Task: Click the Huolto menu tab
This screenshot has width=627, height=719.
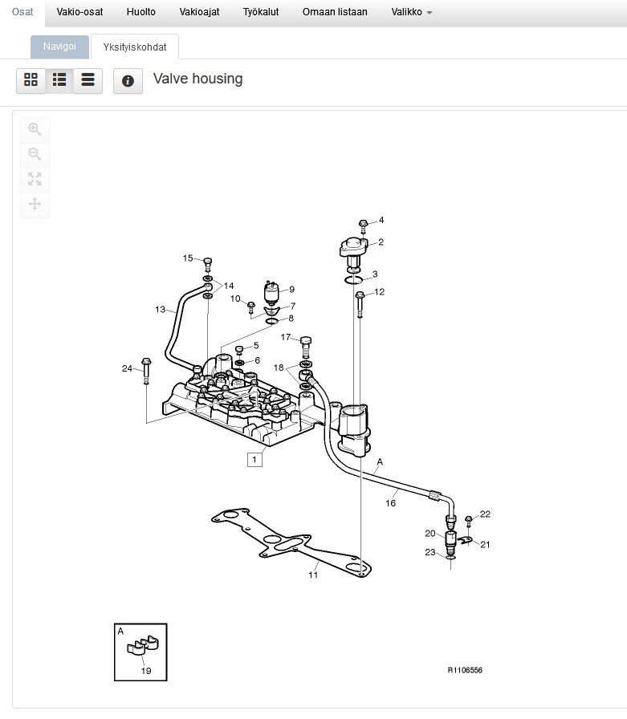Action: (x=141, y=12)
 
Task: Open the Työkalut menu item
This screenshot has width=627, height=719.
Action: (x=261, y=12)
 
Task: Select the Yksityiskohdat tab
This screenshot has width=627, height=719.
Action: (x=135, y=47)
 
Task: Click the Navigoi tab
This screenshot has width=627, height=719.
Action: (x=59, y=47)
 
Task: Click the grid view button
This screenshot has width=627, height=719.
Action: (x=31, y=80)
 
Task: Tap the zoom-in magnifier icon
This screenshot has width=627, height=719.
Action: (x=35, y=129)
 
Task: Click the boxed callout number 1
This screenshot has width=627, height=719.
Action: (x=254, y=460)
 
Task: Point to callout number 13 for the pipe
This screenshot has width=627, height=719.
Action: (x=161, y=309)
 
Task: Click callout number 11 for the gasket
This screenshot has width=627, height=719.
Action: (x=313, y=575)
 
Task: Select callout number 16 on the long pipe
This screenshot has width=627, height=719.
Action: (x=391, y=503)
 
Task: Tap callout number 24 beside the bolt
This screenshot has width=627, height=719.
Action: (x=127, y=368)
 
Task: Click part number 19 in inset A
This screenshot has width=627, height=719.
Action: (x=146, y=671)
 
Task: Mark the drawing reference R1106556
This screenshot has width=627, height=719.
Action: (x=465, y=670)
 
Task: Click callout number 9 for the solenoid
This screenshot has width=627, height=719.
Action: (x=291, y=290)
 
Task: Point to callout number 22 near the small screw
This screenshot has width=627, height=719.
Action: (x=485, y=514)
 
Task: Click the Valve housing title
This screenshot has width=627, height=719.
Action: (x=197, y=79)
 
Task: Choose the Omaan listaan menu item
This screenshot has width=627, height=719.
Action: (x=335, y=12)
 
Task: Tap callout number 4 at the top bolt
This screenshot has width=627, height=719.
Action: (x=381, y=220)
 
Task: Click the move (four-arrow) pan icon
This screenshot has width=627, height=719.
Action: (x=35, y=204)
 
